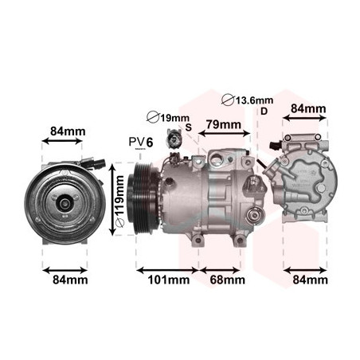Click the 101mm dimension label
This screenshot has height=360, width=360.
tap(169, 280)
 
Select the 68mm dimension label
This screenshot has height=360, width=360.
tap(228, 280)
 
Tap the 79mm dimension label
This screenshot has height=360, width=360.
tap(224, 124)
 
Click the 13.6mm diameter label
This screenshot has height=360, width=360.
tap(248, 100)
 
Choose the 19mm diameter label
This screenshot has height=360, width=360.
tap(168, 118)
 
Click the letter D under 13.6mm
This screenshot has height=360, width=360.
tap(264, 112)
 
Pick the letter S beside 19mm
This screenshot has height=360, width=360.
tap(188, 127)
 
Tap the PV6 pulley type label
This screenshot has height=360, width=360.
tap(141, 143)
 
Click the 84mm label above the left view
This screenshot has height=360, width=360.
tap(68, 131)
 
